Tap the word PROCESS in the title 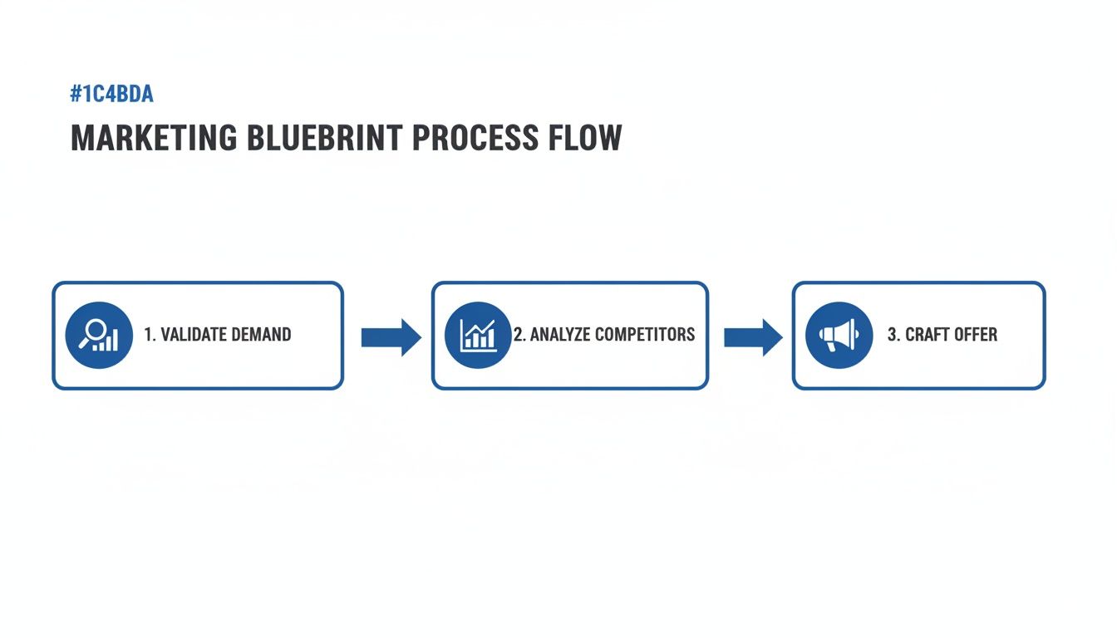coord(475,138)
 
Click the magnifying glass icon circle coord(99,335)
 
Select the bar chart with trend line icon coord(479,335)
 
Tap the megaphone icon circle coord(839,335)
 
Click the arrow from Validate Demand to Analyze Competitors coord(391,337)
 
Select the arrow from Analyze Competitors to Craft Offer coord(753,337)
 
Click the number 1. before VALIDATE coord(150,335)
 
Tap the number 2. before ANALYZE coord(519,335)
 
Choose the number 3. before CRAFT coord(893,335)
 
